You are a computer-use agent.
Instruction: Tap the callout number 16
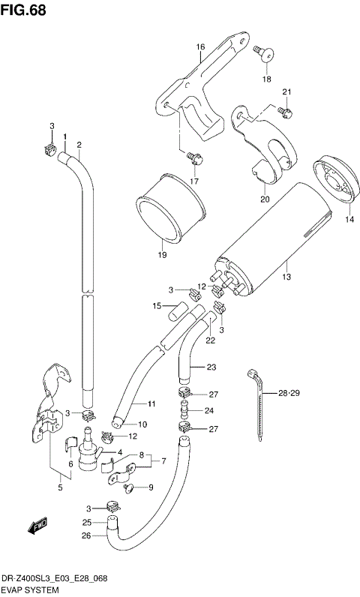point(200,46)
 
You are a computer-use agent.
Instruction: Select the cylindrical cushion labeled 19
point(170,208)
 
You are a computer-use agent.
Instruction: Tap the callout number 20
point(264,199)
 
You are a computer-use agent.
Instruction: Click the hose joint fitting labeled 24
point(184,410)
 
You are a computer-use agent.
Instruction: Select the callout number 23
point(211,367)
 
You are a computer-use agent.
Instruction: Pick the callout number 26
point(86,535)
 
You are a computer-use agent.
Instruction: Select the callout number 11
point(151,404)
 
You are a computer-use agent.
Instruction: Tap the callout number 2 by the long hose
point(79,144)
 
